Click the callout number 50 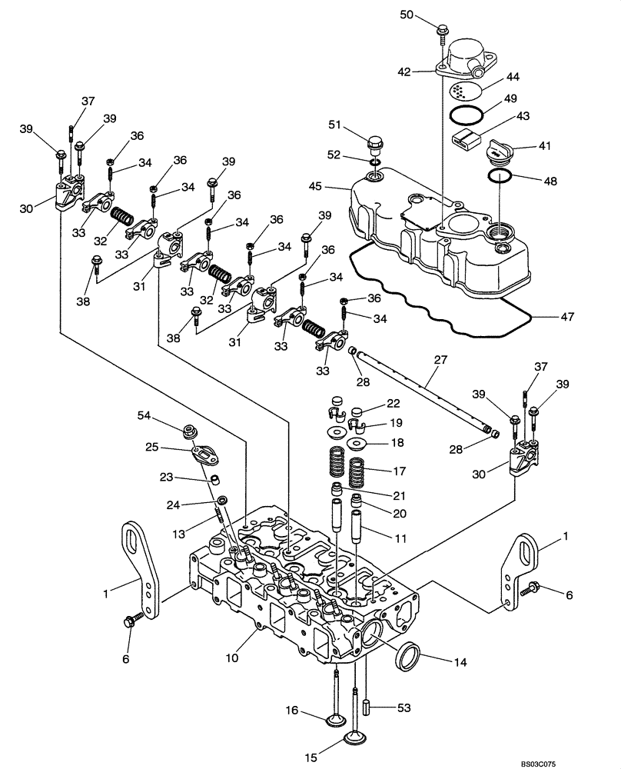tap(407, 15)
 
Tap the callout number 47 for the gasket tap(567, 316)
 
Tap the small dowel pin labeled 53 tap(368, 704)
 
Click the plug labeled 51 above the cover tap(376, 144)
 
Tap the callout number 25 tap(151, 447)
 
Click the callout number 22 tap(393, 404)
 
